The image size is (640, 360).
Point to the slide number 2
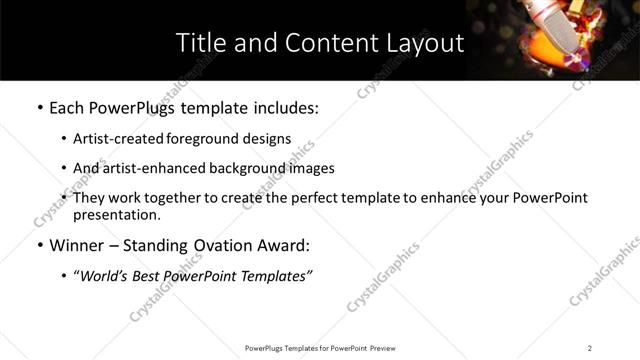click(589, 348)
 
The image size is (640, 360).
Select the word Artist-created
click(114, 139)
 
